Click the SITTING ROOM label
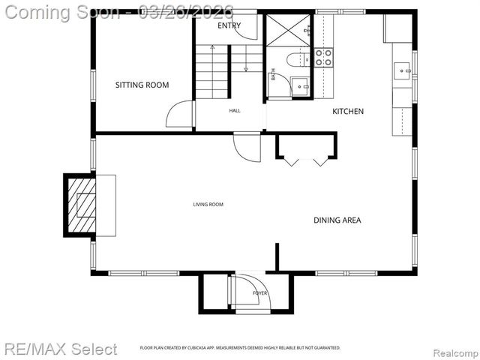[142, 85]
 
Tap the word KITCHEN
[348, 111]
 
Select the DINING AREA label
[337, 220]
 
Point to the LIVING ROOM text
[208, 204]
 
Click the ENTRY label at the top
[229, 25]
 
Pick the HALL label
[235, 110]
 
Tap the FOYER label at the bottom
[259, 292]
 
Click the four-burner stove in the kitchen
[323, 58]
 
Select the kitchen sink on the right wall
[403, 71]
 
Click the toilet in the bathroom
[295, 60]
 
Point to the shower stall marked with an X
[288, 30]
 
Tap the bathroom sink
[301, 87]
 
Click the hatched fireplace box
[82, 205]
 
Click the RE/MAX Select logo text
[60, 349]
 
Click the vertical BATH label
[273, 74]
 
